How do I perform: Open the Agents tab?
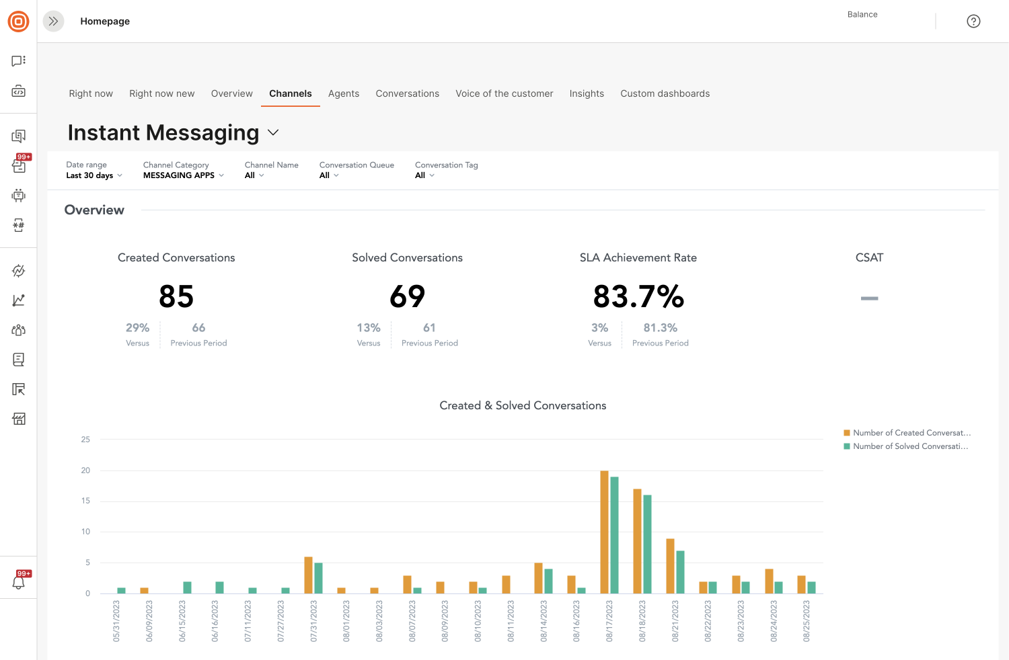coord(343,93)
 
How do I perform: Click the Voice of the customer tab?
coord(504,93)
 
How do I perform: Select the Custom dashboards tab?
coord(665,93)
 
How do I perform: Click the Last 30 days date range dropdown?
coord(94,175)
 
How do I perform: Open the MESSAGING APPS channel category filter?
coord(183,175)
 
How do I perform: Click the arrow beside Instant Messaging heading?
coord(273,132)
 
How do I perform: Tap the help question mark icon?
coord(973,22)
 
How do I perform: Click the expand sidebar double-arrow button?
coord(53,22)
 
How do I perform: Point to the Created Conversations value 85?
coord(176,296)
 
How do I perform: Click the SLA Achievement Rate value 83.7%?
coord(638,296)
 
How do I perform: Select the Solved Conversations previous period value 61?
coord(429,328)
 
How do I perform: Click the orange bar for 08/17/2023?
coord(604,532)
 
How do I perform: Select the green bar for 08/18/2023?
coord(647,544)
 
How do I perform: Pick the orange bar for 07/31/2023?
coord(308,575)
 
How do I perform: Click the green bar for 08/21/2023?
coord(680,572)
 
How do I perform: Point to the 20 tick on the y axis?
coord(85,470)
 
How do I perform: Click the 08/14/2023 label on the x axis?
coord(544,621)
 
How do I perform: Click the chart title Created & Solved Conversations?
coord(523,405)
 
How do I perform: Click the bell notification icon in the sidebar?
coord(19,582)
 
